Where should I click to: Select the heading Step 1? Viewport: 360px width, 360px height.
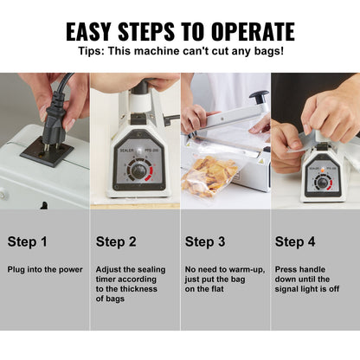coord(28,241)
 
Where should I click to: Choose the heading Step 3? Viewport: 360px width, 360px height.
coord(206,241)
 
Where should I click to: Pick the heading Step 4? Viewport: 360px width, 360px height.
coord(296,241)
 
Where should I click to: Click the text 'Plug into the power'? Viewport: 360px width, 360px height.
coord(45,269)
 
